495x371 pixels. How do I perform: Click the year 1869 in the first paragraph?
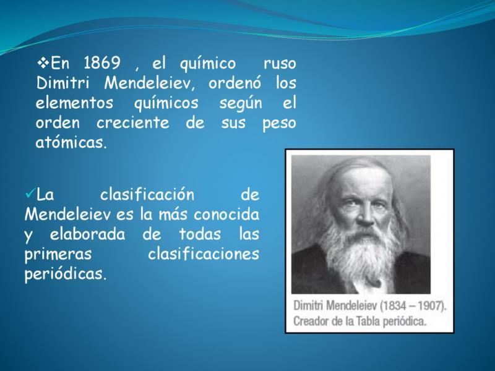pos(102,63)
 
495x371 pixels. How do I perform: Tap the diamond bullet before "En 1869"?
pos(43,62)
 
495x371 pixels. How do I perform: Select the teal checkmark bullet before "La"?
pos(30,193)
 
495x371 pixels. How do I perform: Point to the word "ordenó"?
pos(235,83)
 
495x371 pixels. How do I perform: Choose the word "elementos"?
pos(74,103)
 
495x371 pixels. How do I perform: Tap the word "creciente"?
pos(133,123)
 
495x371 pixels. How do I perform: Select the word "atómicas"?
pos(69,143)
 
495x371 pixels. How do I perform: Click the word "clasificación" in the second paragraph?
pos(147,194)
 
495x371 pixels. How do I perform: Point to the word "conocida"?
pos(226,215)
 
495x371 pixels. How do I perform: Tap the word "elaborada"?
pos(87,234)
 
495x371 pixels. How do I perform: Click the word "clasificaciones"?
pos(204,254)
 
